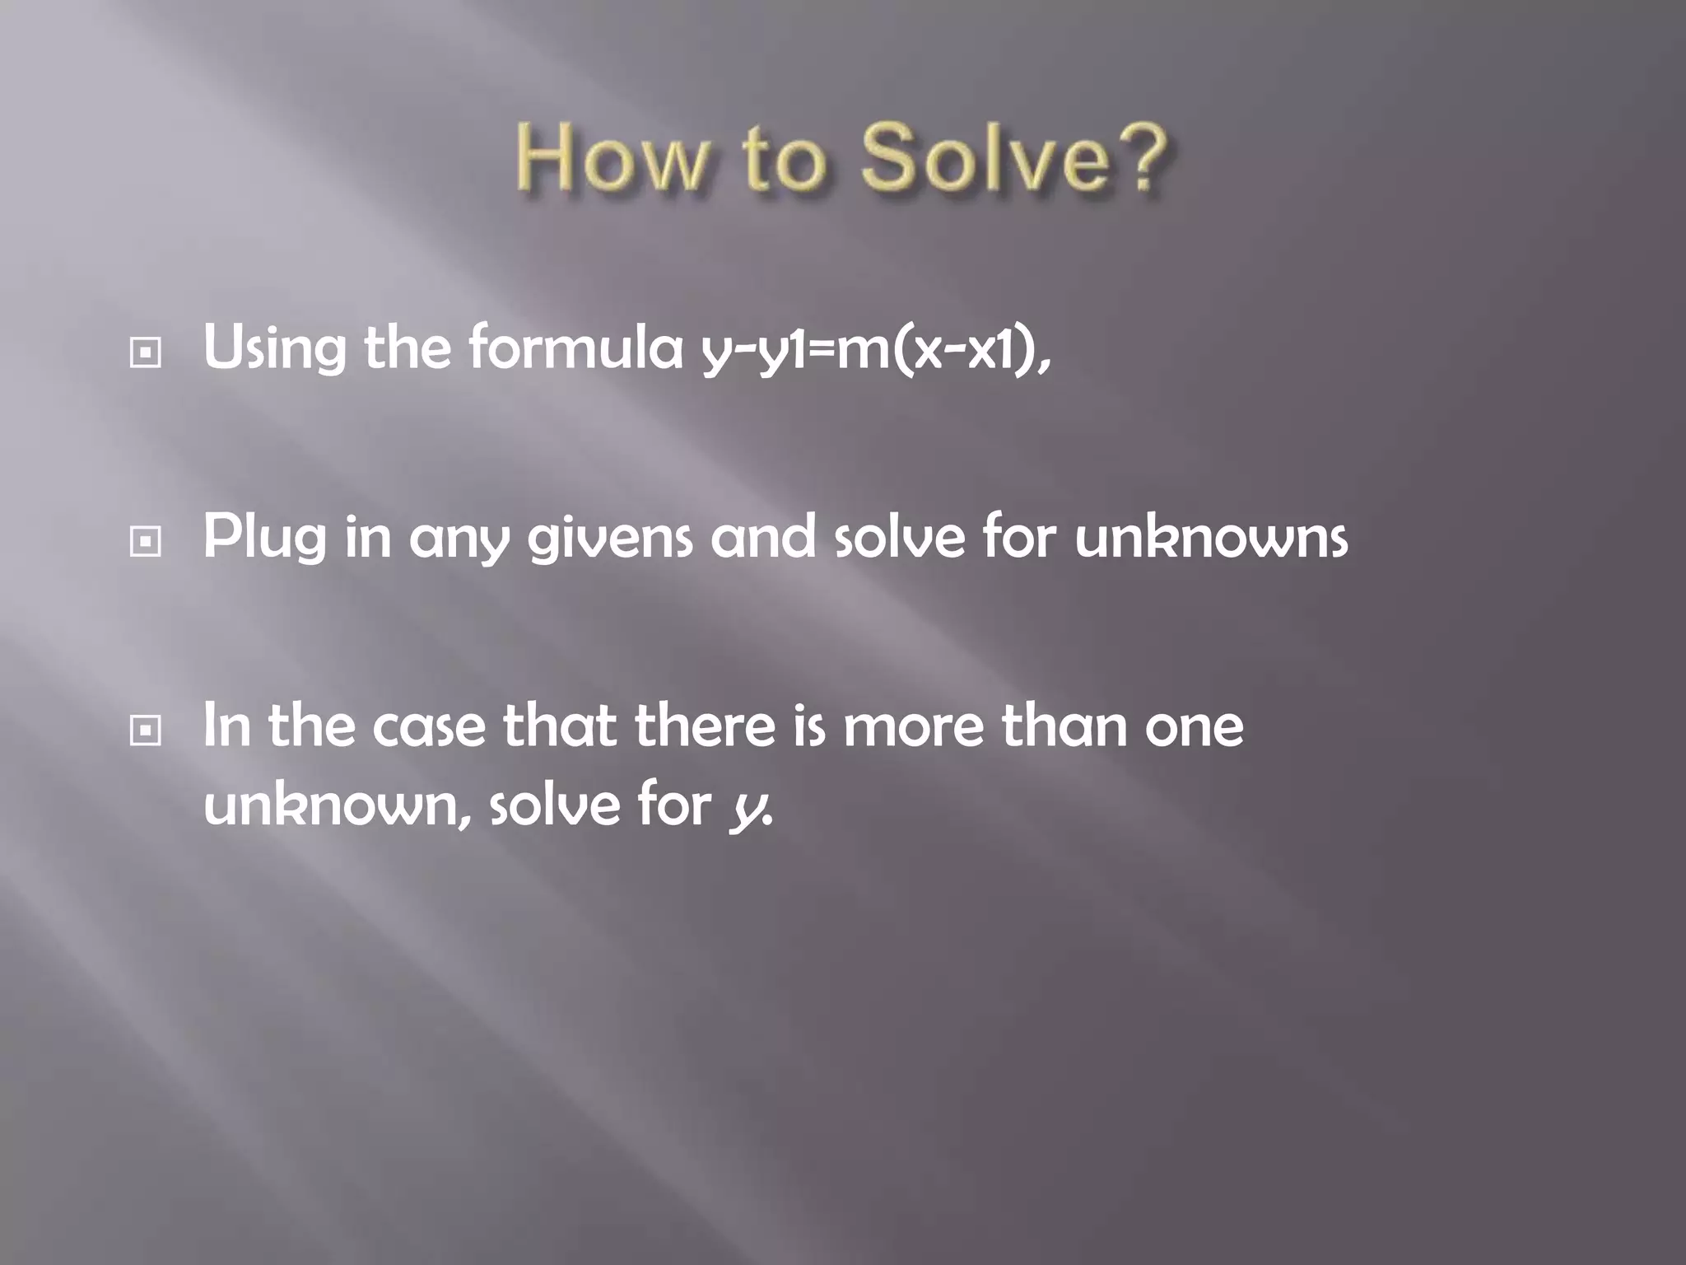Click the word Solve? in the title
click(1014, 158)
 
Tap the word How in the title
click(612, 158)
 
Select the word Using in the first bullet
click(274, 349)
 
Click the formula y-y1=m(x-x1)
click(876, 349)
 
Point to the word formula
click(576, 348)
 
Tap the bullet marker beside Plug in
click(146, 542)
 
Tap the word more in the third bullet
click(913, 727)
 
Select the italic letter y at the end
click(745, 808)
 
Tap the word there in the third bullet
click(705, 726)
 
